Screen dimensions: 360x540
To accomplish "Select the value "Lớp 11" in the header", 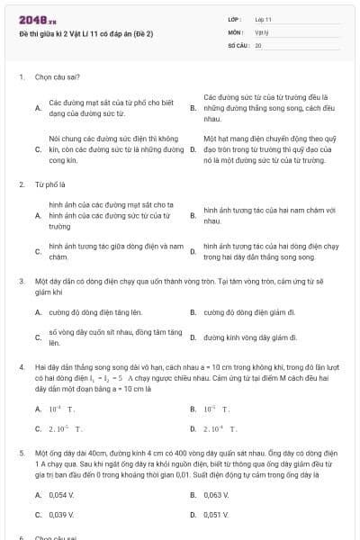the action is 263,19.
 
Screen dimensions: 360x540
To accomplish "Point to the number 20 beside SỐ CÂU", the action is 258,44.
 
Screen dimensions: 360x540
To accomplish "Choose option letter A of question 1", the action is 37,108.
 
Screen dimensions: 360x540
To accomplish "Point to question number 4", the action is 21,368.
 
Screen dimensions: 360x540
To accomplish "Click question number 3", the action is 21,281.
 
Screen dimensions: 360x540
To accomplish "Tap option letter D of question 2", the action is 193,250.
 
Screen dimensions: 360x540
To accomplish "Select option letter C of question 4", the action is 38,428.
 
